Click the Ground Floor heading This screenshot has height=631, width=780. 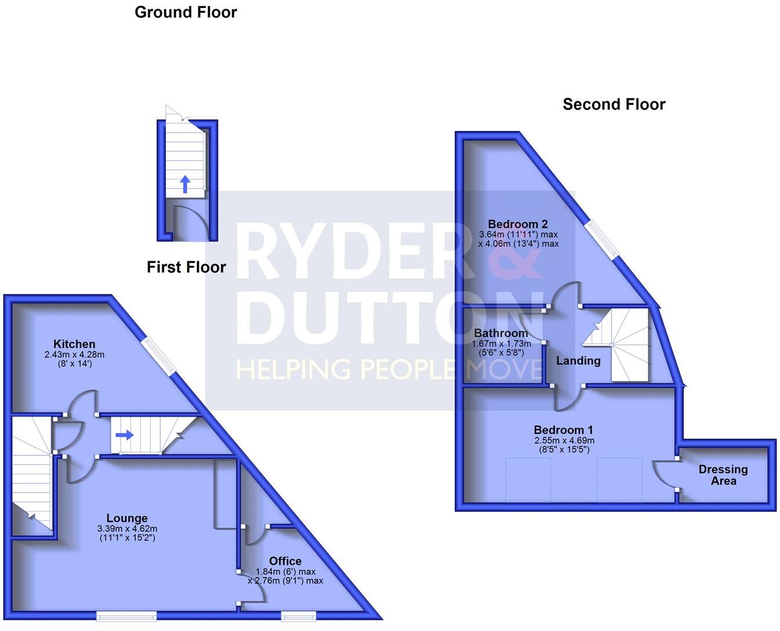click(185, 12)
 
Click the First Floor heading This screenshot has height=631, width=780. click(186, 267)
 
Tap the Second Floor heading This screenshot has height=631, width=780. click(614, 104)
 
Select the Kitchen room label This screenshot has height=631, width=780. click(74, 344)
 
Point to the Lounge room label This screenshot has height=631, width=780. click(127, 518)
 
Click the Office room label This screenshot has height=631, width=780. click(285, 561)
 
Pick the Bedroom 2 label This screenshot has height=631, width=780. click(517, 224)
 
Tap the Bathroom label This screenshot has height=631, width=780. click(501, 333)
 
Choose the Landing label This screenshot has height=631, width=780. click(578, 360)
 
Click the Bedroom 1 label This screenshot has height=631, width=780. click(563, 430)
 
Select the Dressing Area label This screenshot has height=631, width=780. click(723, 475)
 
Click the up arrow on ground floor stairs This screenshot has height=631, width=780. click(185, 184)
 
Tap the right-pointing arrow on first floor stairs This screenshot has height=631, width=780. click(124, 435)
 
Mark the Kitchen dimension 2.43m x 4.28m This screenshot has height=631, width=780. click(74, 355)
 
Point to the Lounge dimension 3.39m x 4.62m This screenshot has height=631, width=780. click(127, 528)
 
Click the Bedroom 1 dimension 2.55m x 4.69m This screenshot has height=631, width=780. click(563, 440)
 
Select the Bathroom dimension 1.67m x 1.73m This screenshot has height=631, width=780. click(501, 343)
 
